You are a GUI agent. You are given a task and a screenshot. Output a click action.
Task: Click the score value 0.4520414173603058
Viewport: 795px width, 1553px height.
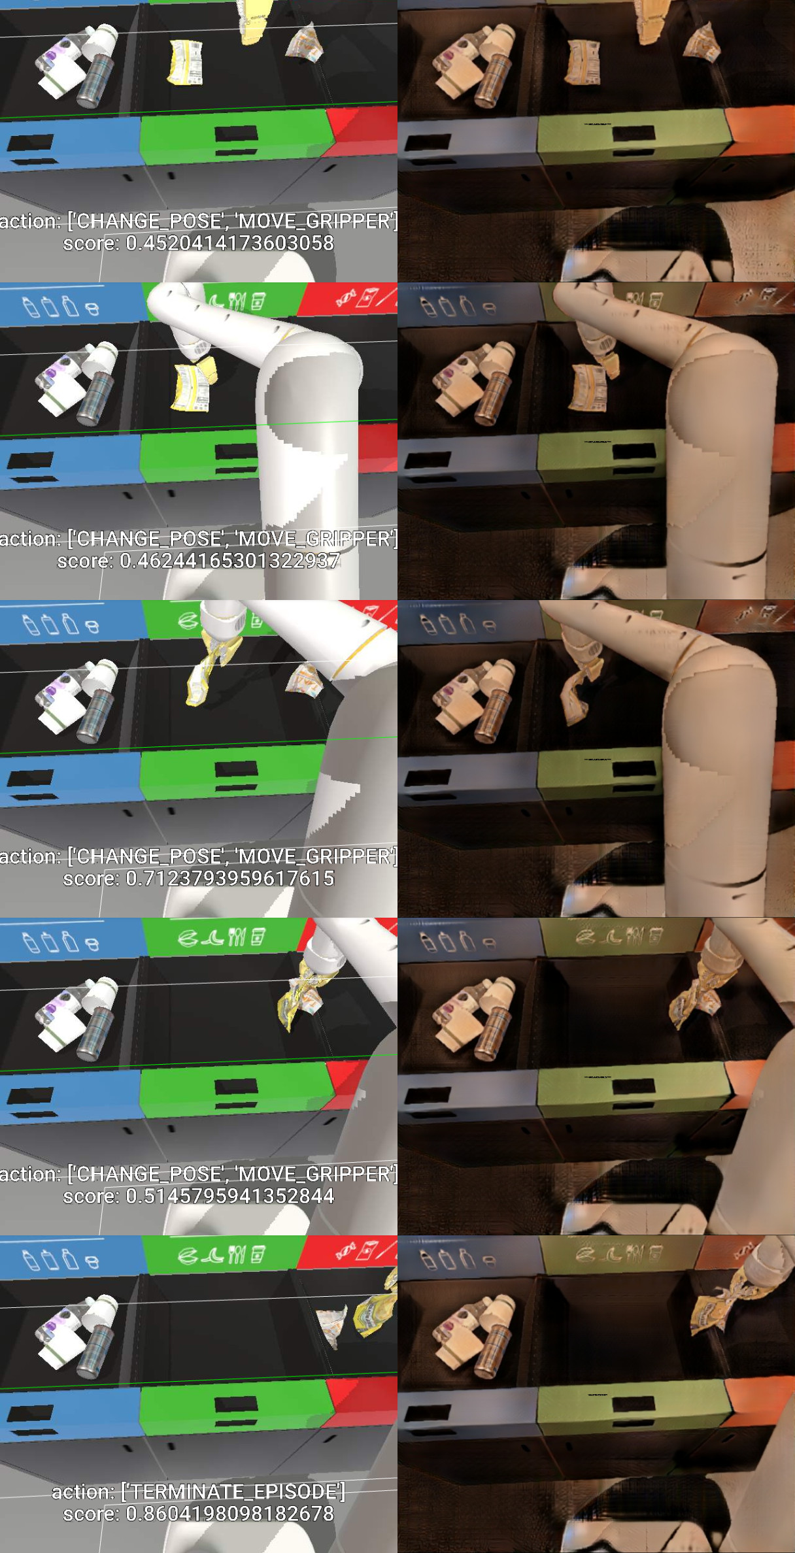click(x=230, y=243)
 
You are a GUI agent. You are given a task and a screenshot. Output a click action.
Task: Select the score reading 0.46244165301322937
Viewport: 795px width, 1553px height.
click(x=230, y=561)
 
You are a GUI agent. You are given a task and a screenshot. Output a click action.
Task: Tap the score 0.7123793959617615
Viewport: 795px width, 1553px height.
click(x=230, y=878)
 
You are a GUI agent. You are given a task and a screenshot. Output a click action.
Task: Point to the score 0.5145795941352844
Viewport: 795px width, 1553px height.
click(x=230, y=1196)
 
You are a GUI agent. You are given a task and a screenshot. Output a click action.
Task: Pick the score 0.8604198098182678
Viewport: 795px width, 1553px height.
click(x=230, y=1514)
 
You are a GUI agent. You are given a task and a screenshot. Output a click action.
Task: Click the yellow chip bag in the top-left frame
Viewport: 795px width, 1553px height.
click(x=186, y=62)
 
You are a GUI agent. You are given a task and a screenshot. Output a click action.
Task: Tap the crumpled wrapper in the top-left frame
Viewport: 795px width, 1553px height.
click(x=305, y=42)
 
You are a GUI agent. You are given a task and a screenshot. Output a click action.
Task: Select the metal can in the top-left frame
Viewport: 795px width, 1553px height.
click(x=95, y=80)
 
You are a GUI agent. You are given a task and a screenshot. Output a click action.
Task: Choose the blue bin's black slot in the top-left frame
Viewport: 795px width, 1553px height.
click(x=30, y=142)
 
